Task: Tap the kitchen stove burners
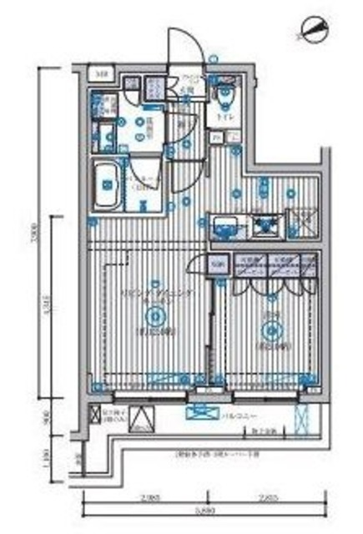pos(266,226)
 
